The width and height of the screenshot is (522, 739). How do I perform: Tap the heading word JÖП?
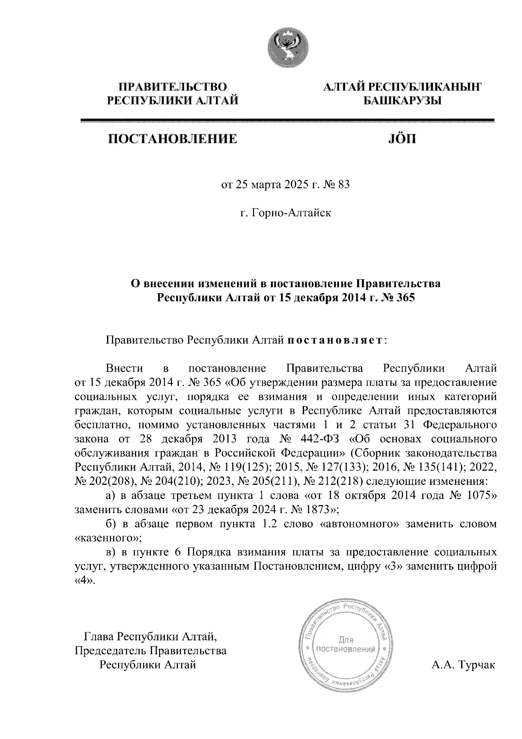[x=401, y=139]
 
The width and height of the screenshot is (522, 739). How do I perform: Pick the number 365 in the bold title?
[x=405, y=298]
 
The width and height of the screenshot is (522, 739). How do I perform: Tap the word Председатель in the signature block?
[x=111, y=651]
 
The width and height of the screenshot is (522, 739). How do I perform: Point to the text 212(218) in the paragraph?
[x=331, y=482]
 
